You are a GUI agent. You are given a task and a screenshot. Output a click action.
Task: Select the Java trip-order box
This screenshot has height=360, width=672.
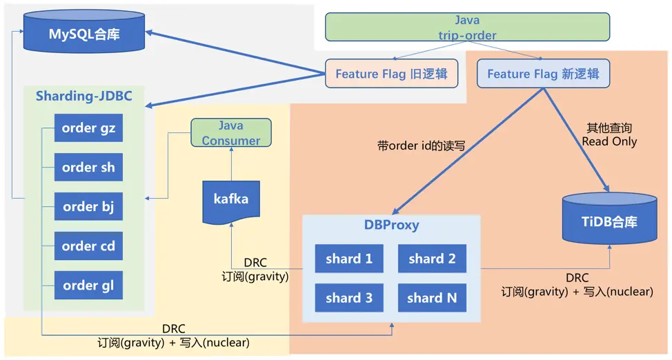point(467,28)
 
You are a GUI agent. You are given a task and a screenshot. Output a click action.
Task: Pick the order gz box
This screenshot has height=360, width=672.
point(88,128)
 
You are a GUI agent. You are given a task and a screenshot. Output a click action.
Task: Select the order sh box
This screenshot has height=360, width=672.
point(88,168)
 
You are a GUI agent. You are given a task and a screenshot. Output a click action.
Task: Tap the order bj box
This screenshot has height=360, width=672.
point(88,207)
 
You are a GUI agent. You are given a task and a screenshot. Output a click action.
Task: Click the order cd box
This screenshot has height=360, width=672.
point(88,246)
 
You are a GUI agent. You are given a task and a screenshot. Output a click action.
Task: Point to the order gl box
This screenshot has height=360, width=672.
point(88,286)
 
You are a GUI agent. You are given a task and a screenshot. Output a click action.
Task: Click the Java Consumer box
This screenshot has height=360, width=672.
point(231,133)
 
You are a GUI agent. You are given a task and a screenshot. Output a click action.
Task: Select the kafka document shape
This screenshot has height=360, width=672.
point(231,200)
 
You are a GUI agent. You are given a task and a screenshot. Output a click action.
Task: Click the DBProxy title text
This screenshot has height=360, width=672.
point(391,225)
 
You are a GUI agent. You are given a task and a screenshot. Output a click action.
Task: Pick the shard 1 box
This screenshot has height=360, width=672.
point(349,259)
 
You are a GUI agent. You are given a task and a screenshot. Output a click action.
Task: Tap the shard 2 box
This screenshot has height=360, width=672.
point(432,259)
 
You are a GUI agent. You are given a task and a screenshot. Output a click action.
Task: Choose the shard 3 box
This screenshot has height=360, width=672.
point(349,298)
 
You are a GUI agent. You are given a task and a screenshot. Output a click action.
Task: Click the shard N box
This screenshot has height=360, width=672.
point(432,298)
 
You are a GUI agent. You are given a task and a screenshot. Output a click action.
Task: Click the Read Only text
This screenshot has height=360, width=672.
point(609,141)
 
